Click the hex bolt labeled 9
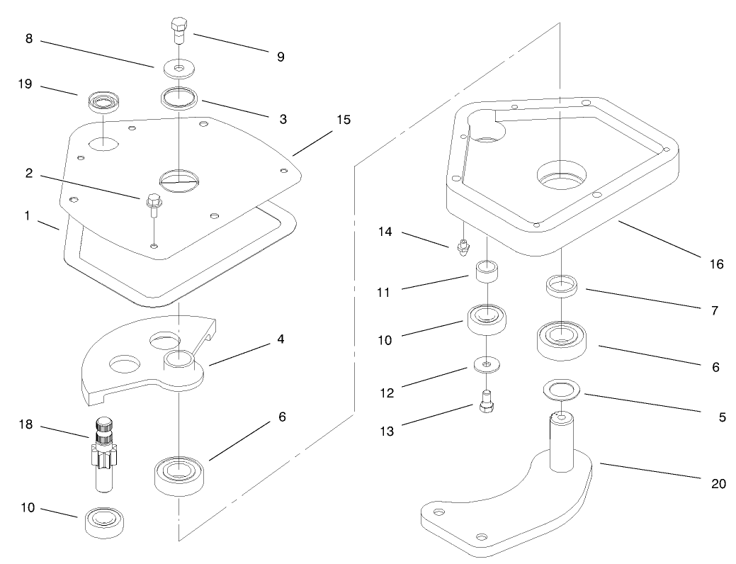[179, 30]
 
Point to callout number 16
[716, 264]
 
